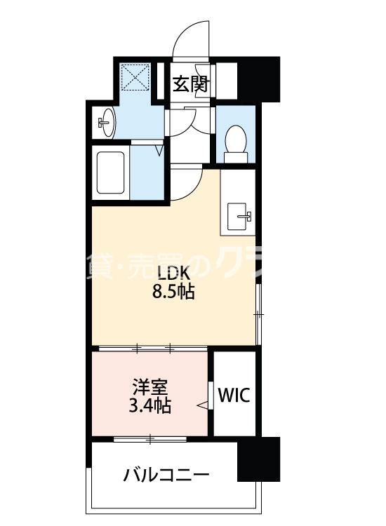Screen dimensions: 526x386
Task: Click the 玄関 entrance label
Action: click(190, 85)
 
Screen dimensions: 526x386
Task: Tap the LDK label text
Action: click(173, 273)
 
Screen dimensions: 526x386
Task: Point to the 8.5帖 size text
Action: click(173, 292)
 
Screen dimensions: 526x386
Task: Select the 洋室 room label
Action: click(150, 386)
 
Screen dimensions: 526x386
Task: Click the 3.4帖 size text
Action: click(150, 405)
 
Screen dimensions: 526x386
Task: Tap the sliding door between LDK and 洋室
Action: click(154, 348)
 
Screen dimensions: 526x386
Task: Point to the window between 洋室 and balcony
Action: click(150, 439)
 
